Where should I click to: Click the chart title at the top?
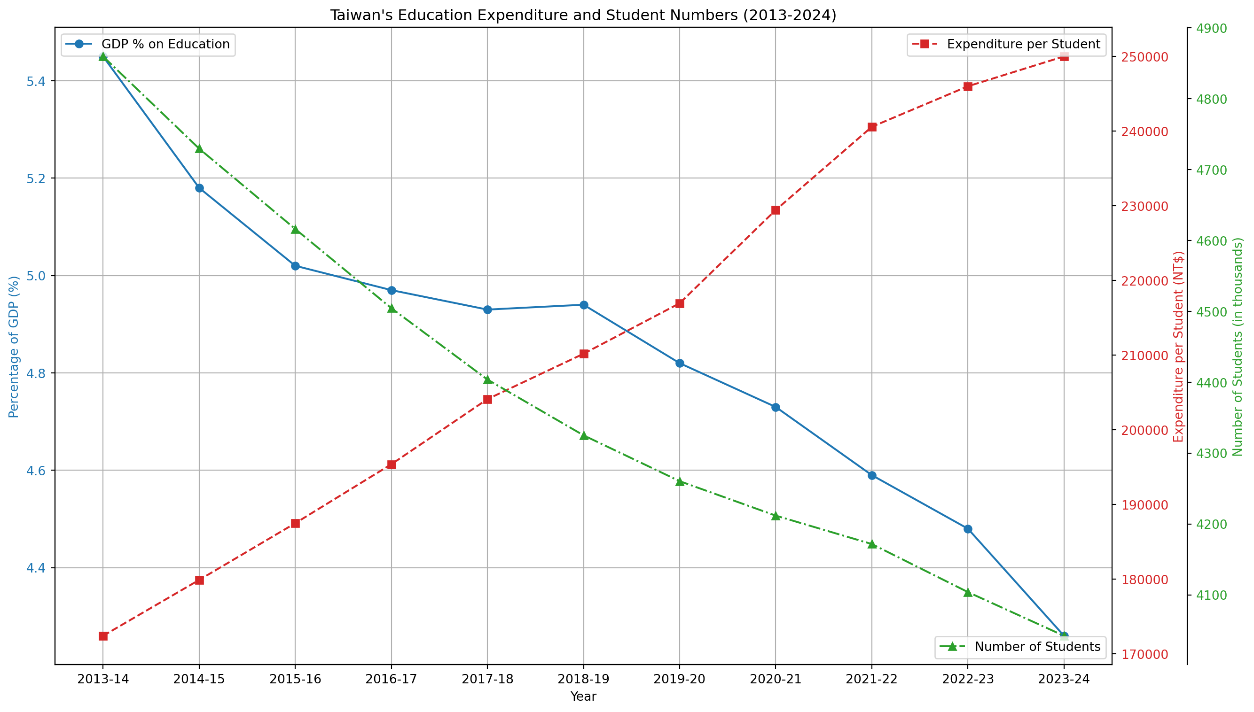[583, 15]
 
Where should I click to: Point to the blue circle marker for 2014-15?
[199, 188]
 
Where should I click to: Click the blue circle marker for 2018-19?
[583, 305]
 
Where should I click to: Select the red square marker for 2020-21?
[776, 210]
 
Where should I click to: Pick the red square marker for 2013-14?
[103, 636]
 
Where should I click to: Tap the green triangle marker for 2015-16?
[295, 229]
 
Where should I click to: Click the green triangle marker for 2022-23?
[967, 593]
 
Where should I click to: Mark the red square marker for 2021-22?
[871, 127]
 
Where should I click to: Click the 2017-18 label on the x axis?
[487, 680]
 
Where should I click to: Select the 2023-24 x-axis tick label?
[1064, 680]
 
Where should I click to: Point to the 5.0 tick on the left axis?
[35, 276]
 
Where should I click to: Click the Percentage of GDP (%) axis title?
[14, 347]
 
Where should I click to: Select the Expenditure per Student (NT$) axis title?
[1179, 347]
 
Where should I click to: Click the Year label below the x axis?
[583, 697]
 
